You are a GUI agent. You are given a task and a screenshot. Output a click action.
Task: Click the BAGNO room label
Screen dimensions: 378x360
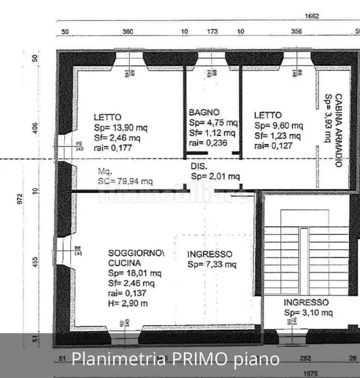(204, 112)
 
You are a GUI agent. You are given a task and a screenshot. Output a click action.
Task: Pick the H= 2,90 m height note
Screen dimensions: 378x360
(128, 303)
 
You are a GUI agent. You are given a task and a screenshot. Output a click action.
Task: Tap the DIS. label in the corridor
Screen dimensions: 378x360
(199, 166)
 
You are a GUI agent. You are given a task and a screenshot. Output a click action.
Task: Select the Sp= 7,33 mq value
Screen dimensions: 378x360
(212, 264)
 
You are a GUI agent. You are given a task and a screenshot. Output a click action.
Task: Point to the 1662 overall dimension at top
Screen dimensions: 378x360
(312, 16)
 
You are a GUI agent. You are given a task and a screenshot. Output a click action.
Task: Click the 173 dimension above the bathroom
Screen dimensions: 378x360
(212, 31)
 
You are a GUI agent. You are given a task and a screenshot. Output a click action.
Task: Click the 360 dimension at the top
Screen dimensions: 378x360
(128, 31)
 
